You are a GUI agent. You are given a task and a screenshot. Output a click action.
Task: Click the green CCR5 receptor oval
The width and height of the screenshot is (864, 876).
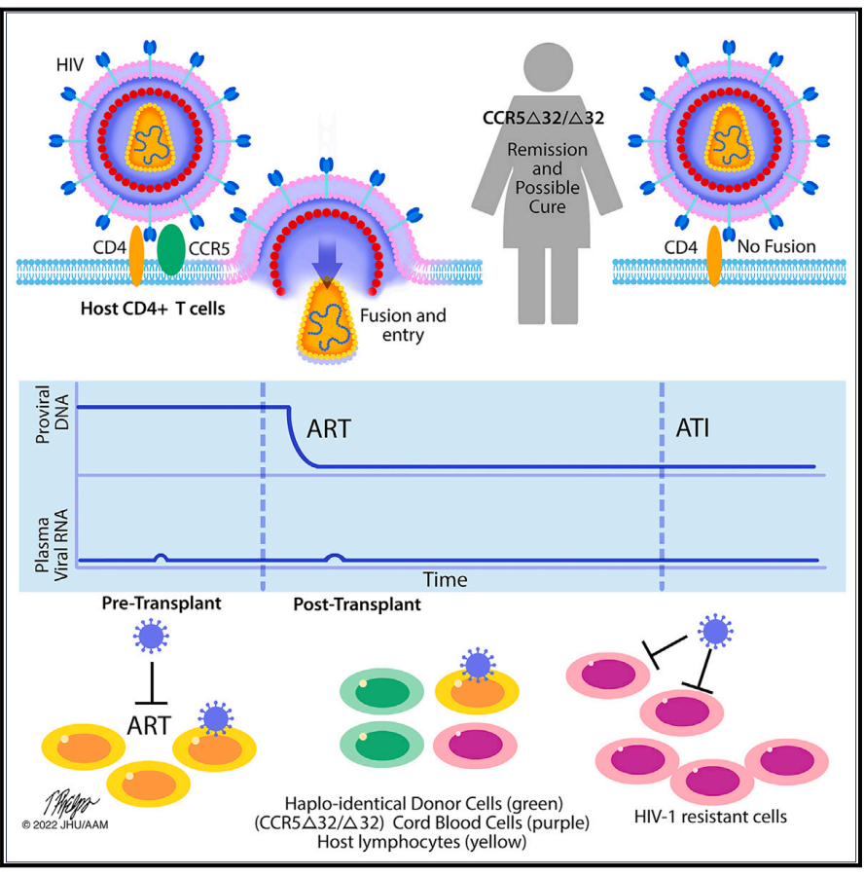(x=169, y=251)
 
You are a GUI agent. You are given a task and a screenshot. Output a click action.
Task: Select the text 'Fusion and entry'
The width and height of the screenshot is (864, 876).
(x=402, y=325)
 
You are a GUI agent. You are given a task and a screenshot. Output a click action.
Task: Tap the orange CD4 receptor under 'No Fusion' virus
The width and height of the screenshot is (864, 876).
(x=714, y=256)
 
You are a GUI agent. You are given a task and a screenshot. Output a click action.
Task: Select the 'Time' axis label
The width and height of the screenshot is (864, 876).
(x=445, y=580)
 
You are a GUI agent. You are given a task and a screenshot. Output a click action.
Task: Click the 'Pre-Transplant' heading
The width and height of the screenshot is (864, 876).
(x=162, y=603)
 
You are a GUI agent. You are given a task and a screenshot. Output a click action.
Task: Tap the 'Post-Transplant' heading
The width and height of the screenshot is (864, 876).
(x=357, y=604)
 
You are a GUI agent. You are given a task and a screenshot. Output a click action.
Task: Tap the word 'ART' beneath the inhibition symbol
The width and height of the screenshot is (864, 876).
(x=149, y=723)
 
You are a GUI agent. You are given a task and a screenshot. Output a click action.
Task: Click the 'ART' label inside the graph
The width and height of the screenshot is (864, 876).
(x=330, y=428)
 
